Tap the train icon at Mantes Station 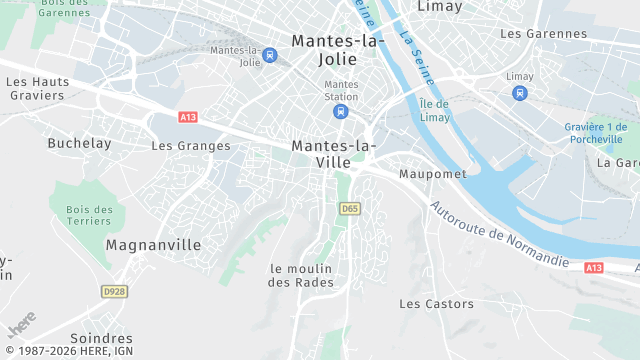pos(342,112)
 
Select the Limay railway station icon pos(519,93)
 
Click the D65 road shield pos(349,208)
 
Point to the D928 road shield pos(115,291)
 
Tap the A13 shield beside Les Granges pos(188,117)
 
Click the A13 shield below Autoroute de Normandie pos(594,268)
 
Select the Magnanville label pos(153,245)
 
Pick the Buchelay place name pos(79,143)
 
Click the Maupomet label pos(432,174)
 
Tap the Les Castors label pos(436,303)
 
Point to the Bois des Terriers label pos(89,215)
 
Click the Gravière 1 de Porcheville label pos(593,132)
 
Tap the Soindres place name pos(101,338)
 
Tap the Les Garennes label pos(543,33)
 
